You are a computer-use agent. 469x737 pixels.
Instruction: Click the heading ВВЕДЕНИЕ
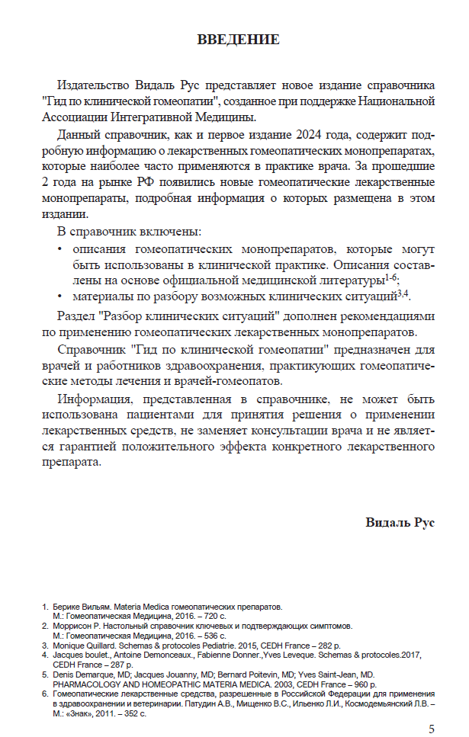pos(238,39)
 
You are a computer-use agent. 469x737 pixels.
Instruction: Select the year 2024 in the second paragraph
pos(311,135)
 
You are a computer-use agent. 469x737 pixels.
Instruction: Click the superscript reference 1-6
pos(390,277)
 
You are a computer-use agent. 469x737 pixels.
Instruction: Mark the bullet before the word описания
pos(60,249)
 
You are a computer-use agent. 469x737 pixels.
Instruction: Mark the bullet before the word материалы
pos(60,296)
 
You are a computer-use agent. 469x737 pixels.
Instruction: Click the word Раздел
pos(77,316)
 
